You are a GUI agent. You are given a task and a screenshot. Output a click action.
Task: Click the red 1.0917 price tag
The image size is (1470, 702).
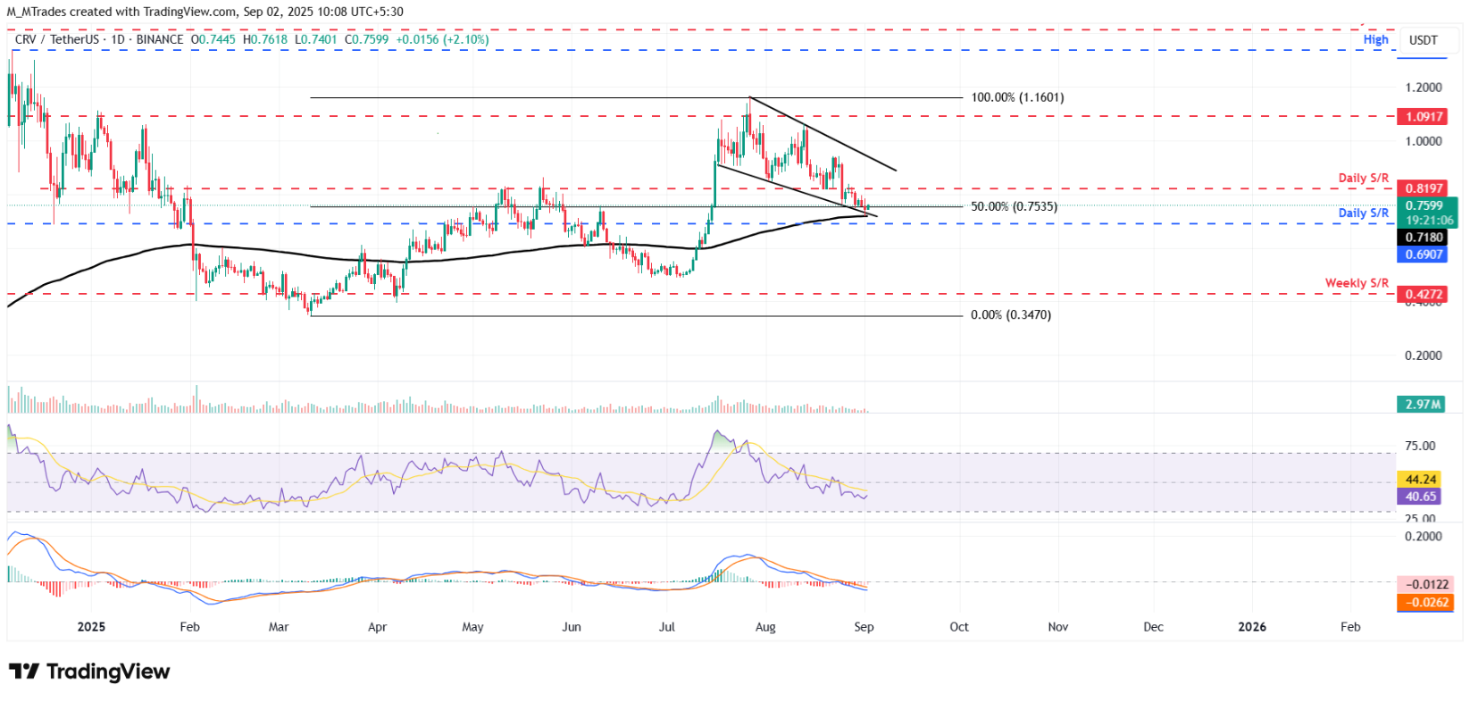point(1424,117)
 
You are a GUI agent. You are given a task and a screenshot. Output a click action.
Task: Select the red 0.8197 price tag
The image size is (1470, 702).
point(1424,188)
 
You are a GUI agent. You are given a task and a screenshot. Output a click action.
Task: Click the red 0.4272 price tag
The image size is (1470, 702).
point(1424,294)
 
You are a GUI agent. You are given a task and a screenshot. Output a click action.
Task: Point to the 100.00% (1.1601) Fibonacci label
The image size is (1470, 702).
point(1017,97)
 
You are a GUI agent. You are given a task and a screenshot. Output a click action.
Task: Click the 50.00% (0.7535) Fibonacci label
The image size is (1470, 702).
point(1014,206)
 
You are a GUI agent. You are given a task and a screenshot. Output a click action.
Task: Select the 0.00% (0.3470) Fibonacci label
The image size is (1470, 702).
point(1010,315)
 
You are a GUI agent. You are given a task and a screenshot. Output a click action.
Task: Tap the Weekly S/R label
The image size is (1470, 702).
point(1357,283)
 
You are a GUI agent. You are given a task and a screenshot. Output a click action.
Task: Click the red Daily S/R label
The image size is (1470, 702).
point(1363,178)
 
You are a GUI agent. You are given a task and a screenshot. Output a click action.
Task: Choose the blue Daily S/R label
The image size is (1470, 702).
point(1363,213)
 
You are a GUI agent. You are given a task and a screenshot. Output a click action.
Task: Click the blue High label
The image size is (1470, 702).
point(1375,39)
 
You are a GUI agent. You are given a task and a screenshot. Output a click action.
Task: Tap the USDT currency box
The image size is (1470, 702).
point(1424,40)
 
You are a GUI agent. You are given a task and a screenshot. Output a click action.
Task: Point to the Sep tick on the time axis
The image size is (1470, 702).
point(864,627)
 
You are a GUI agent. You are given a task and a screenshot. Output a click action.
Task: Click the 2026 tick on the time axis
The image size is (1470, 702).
point(1252,627)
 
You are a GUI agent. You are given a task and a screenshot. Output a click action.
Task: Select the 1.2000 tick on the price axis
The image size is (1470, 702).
point(1424,88)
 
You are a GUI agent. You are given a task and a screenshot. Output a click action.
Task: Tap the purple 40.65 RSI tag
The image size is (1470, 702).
point(1420,497)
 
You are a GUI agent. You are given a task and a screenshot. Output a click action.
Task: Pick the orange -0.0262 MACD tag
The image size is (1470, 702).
point(1424,602)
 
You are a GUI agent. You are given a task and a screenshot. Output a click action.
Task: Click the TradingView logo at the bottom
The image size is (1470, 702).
point(89,672)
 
